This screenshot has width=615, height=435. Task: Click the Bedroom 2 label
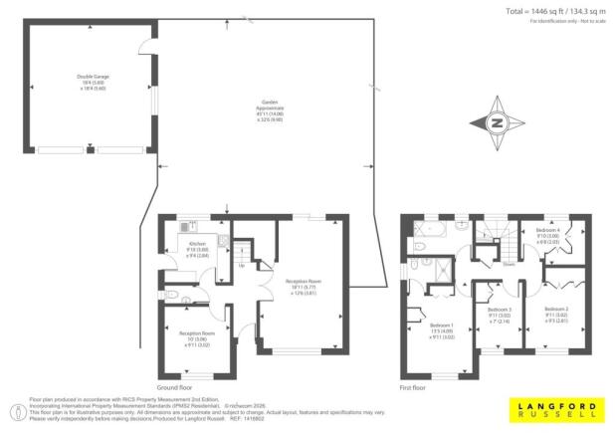(x=555, y=315)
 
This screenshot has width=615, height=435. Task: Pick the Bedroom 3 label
(x=499, y=315)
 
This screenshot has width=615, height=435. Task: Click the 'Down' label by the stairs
(x=509, y=264)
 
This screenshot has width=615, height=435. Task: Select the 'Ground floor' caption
(x=174, y=387)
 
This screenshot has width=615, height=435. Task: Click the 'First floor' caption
(x=412, y=387)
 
